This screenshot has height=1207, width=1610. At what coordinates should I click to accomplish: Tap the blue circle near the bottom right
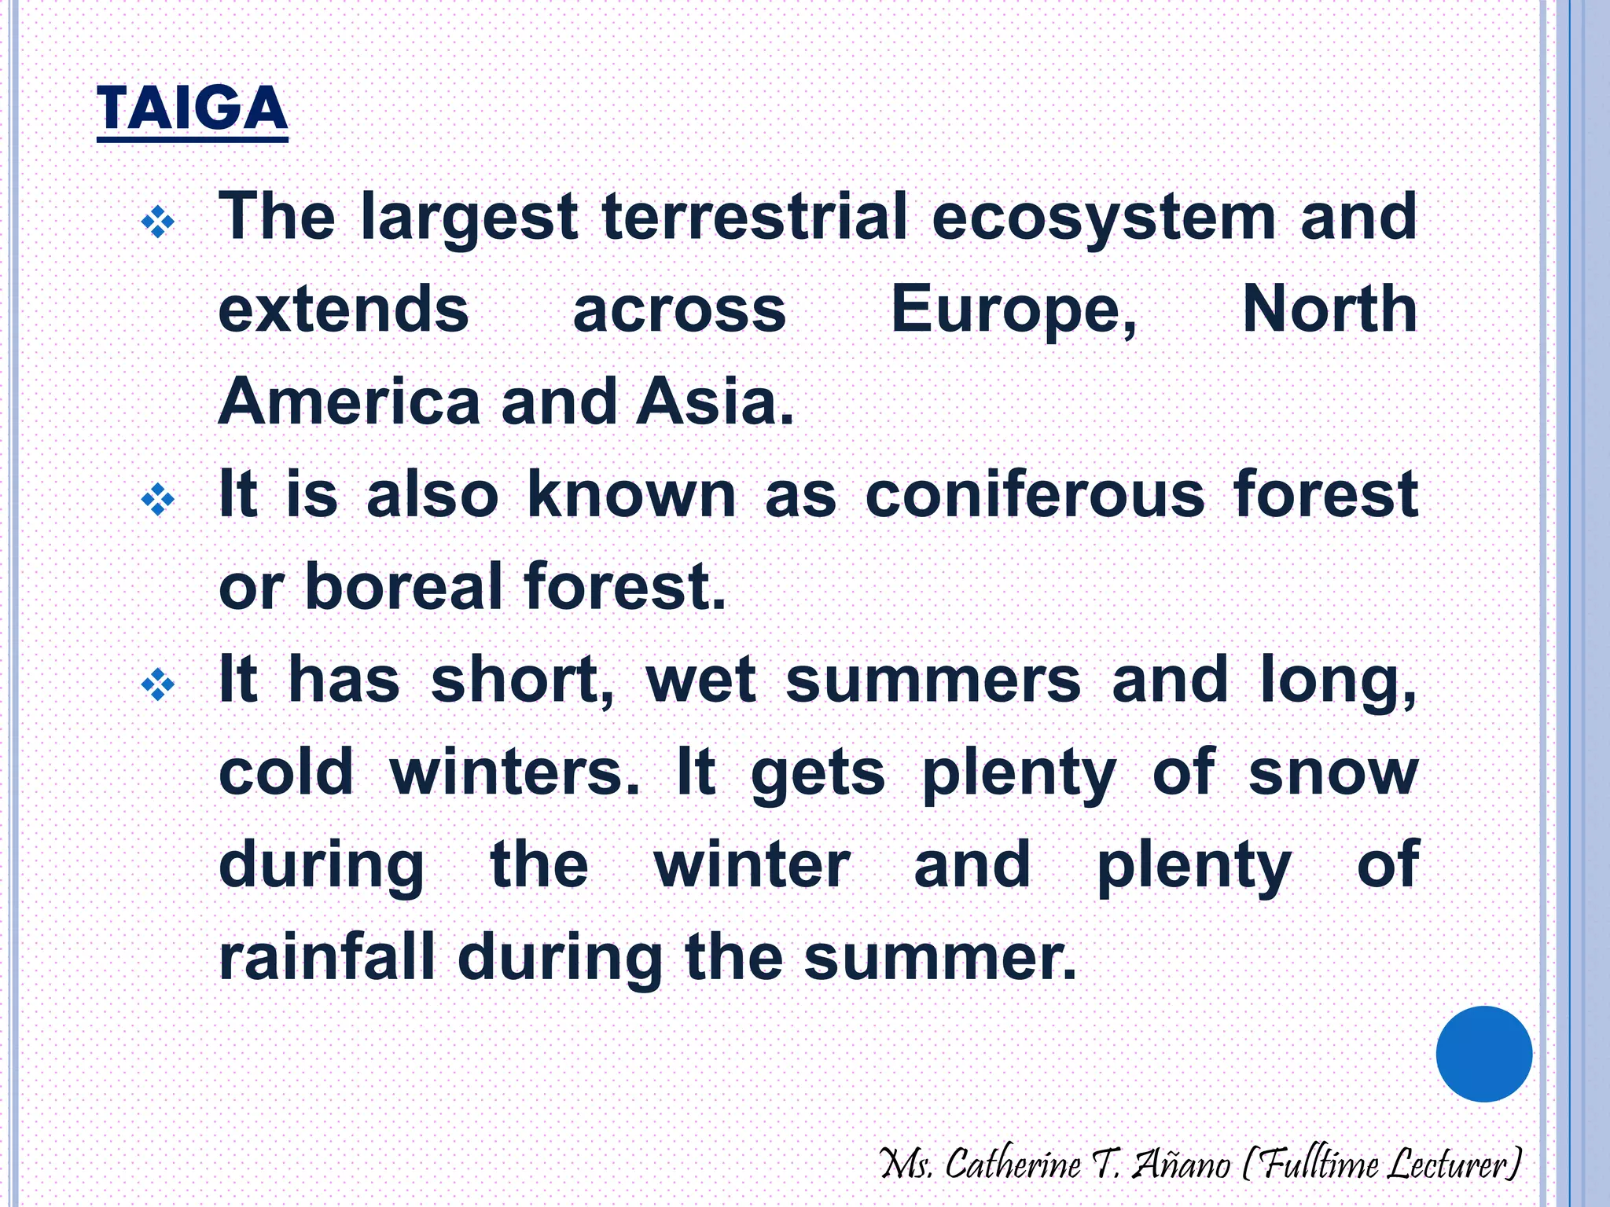[1483, 1054]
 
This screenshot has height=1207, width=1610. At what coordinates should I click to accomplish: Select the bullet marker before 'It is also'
[157, 500]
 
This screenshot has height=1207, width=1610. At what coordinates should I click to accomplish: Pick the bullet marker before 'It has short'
[157, 684]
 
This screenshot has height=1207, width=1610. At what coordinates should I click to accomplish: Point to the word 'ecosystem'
[1104, 218]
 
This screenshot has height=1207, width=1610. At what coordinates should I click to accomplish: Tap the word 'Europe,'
[1014, 311]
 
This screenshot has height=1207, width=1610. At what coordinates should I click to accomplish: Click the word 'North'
[1330, 310]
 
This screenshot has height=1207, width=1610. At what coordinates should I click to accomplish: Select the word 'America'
[349, 402]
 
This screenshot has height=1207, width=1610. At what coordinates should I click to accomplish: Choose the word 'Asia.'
[715, 402]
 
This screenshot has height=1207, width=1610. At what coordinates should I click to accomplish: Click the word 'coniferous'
[1035, 495]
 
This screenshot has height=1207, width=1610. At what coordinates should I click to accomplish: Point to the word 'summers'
[933, 680]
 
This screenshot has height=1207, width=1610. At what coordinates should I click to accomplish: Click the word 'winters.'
[515, 772]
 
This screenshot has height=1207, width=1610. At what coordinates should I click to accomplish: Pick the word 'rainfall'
[326, 957]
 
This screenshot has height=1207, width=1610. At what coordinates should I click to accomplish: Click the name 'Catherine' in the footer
[1013, 1164]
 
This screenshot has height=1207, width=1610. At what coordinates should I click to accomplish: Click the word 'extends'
[344, 310]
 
